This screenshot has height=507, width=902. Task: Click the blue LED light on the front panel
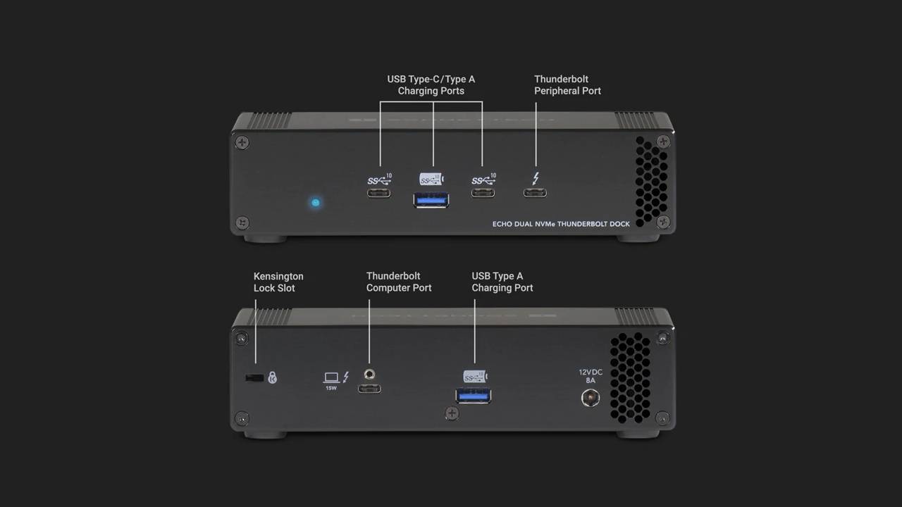[x=315, y=203]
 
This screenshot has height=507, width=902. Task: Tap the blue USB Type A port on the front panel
[x=431, y=200]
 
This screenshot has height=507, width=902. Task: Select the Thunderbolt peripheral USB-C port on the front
[x=535, y=193]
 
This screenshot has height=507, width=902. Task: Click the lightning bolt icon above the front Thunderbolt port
[x=536, y=178]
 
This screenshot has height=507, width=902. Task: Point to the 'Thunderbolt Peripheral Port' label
[x=567, y=85]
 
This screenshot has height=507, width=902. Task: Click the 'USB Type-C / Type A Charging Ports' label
[x=431, y=85]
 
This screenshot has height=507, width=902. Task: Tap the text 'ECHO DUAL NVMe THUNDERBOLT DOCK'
[x=561, y=225]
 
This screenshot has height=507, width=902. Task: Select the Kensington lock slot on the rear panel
[x=254, y=378]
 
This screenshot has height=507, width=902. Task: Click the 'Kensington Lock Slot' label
[x=278, y=282]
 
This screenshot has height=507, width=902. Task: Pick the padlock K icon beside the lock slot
[x=273, y=378]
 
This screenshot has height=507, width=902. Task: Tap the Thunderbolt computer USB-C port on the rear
[x=369, y=388]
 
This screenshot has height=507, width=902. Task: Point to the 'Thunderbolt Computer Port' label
[x=399, y=282]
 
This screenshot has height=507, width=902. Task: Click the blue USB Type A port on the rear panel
[x=474, y=395]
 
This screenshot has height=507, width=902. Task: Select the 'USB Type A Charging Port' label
[x=502, y=282]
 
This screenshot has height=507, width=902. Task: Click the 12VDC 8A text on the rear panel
[x=591, y=376]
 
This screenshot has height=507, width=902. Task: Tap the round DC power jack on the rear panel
[x=589, y=398]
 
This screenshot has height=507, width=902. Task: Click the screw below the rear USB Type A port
[x=452, y=413]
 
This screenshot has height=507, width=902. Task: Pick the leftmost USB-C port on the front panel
[x=378, y=193]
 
